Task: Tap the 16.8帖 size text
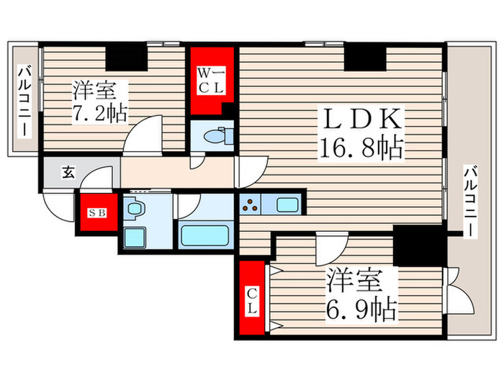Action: point(359,149)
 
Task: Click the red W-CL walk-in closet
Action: point(212,80)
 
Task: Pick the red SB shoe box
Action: point(96,214)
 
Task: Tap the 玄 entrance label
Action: point(68,173)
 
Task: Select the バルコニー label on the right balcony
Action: point(469,201)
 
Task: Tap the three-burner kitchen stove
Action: point(253,206)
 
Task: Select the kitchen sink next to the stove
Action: point(288,205)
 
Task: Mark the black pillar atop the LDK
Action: point(365,58)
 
